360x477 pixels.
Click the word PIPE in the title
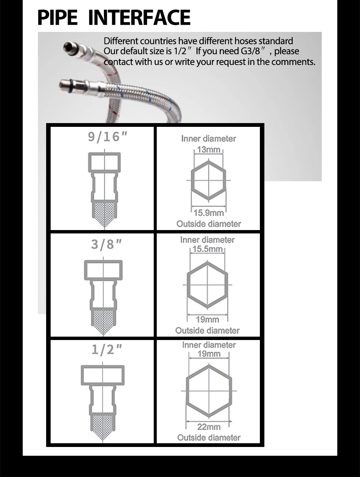coord(57,18)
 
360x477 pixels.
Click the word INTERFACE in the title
coord(139,18)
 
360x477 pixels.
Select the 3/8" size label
coord(106,245)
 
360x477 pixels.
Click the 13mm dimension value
coord(208,149)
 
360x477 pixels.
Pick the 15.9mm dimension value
coord(208,213)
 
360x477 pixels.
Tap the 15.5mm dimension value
coord(207,249)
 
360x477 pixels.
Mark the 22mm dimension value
coord(209,427)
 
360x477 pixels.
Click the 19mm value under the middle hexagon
coord(207,320)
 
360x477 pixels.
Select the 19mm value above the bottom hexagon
coord(209,354)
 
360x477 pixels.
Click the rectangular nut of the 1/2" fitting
coord(102,376)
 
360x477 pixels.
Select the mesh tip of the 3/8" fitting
coord(103,321)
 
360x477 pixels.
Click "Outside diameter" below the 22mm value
coord(209,438)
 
